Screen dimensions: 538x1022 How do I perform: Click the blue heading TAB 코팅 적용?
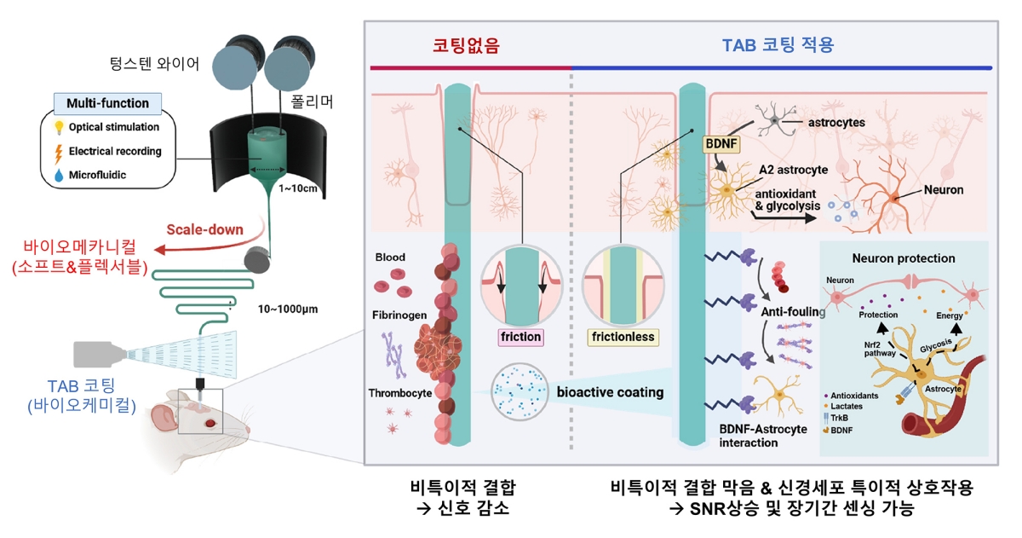tap(778, 46)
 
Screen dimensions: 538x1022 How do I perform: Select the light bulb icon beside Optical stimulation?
tap(59, 128)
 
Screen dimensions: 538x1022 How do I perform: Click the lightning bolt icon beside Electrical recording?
tap(59, 152)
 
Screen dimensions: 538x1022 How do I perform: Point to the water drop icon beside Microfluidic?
tap(59, 176)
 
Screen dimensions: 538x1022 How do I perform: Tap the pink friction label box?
tap(521, 337)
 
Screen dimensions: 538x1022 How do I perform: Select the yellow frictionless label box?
tap(622, 337)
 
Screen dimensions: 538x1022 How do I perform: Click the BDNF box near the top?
tap(721, 145)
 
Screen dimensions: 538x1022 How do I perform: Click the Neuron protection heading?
tap(903, 257)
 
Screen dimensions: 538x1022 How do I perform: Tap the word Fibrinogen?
tap(399, 315)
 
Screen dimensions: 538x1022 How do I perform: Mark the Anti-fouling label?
tap(792, 312)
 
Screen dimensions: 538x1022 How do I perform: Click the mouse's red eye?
tap(210, 423)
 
